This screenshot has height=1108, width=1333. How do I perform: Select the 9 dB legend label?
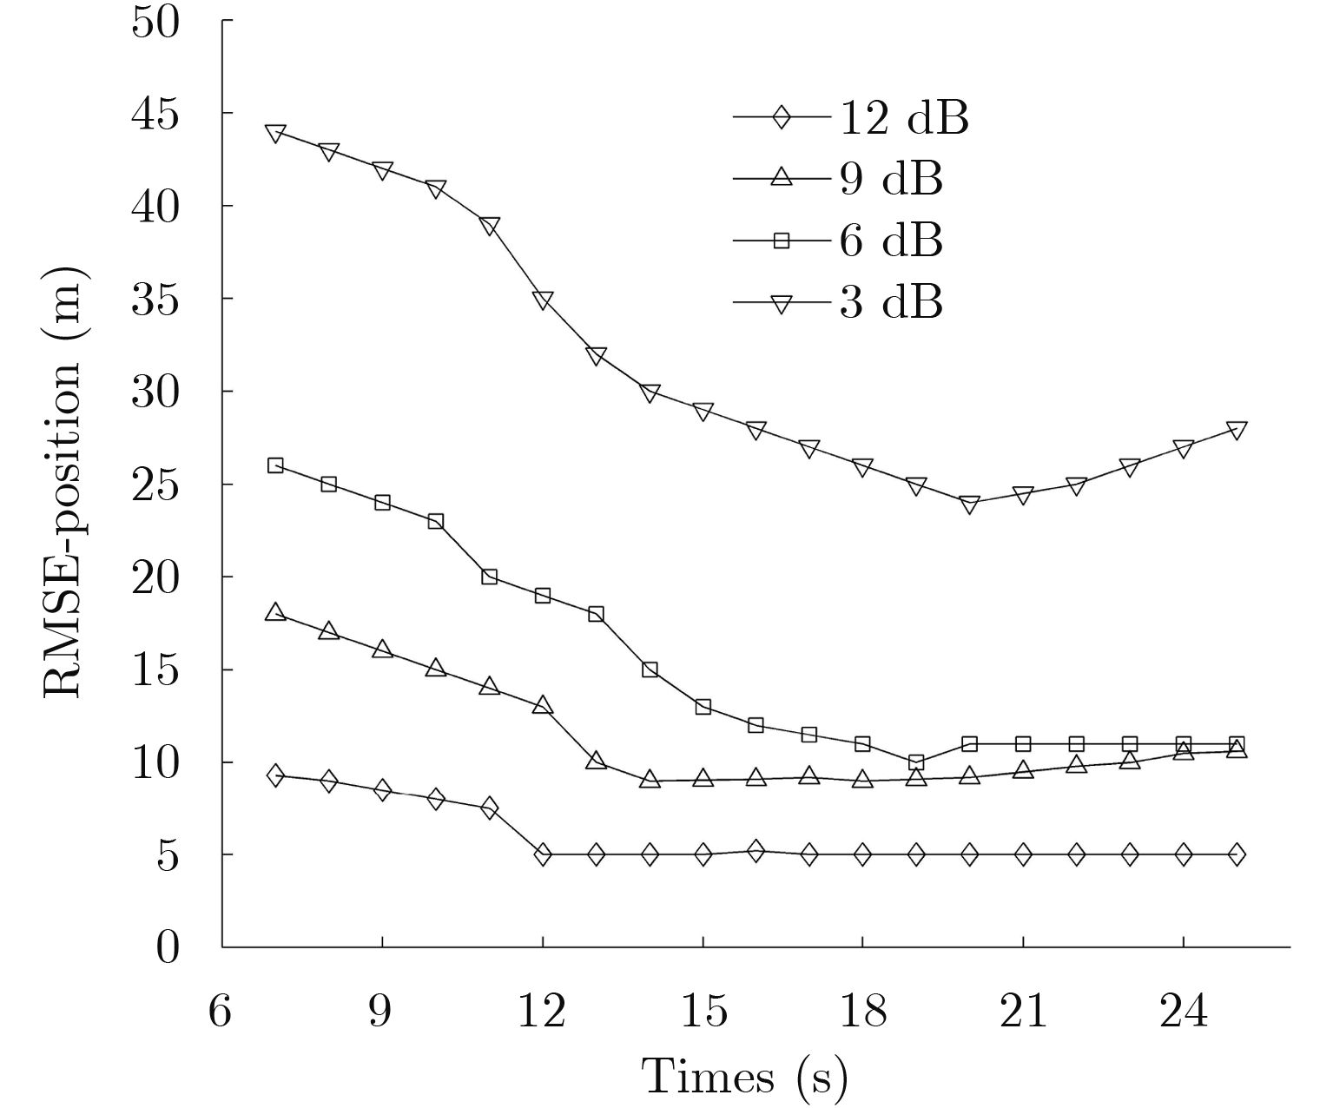click(890, 179)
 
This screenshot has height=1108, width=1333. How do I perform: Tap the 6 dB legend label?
click(890, 241)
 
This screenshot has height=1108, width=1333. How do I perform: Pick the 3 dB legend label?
click(890, 303)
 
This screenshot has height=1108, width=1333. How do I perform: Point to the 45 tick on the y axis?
click(155, 113)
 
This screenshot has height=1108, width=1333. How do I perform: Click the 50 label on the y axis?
click(155, 21)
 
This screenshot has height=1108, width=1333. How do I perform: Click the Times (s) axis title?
click(744, 1078)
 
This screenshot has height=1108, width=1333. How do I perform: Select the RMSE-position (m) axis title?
click(63, 483)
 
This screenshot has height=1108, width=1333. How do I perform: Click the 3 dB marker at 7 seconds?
click(275, 133)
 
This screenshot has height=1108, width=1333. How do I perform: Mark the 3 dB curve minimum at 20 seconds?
click(970, 504)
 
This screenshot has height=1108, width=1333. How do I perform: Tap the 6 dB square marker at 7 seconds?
click(275, 465)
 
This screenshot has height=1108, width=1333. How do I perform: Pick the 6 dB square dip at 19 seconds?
click(916, 762)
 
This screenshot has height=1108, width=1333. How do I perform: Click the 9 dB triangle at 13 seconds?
click(596, 761)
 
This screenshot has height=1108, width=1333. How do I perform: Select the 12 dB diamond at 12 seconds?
click(543, 854)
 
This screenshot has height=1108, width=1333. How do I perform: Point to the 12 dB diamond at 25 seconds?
click(1237, 854)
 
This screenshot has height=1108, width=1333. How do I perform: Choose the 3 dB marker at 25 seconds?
click(1237, 430)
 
